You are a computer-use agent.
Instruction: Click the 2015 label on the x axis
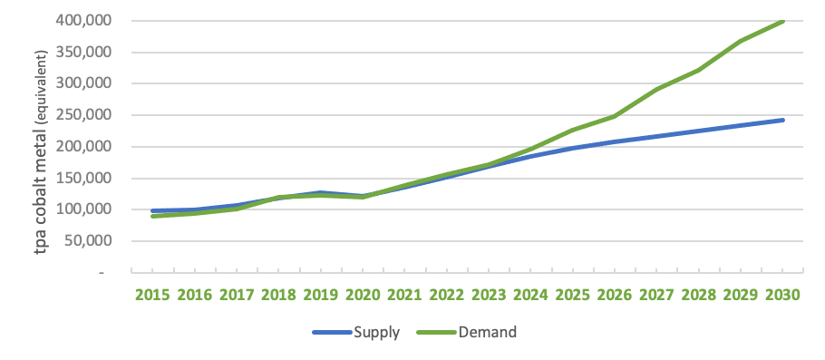coord(152,296)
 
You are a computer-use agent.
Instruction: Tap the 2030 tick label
coord(782,296)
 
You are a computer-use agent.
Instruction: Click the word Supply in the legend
coord(377,332)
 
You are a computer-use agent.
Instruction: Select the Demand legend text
coord(488,332)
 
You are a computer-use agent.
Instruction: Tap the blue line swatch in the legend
coord(333,332)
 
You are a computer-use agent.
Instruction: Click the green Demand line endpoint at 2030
coord(782,20)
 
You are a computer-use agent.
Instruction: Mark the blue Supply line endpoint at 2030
coord(782,120)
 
